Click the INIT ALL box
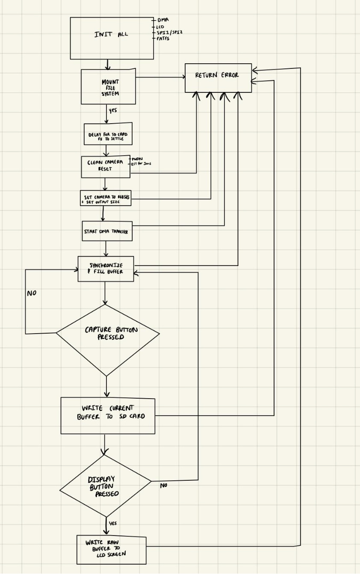[112, 38]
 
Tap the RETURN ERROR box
[218, 77]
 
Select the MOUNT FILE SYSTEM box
[109, 87]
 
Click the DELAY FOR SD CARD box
[108, 134]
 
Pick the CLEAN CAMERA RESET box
[106, 167]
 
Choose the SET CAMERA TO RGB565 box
[106, 198]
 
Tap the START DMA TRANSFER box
[107, 231]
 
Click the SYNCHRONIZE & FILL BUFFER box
[106, 269]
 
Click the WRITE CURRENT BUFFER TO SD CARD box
[108, 416]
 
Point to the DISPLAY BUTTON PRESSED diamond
[105, 486]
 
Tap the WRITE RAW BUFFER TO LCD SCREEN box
[111, 550]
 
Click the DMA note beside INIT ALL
[162, 20]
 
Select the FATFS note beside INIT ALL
[163, 38]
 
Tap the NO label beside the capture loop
[32, 293]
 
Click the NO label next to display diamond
[163, 485]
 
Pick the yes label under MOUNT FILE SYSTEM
[112, 110]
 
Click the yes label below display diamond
[112, 523]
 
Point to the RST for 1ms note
[141, 163]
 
